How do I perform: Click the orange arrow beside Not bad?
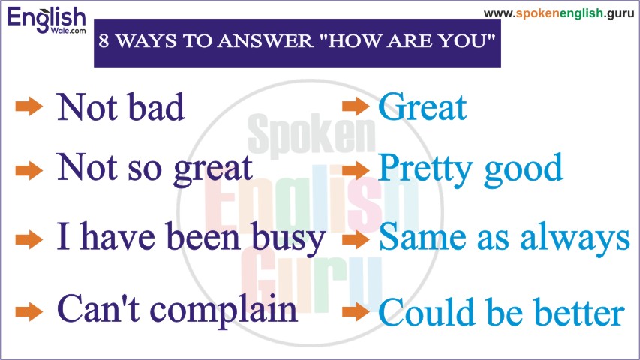pyautogui.click(x=29, y=107)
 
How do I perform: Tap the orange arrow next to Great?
pyautogui.click(x=356, y=106)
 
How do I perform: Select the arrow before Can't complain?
pyautogui.click(x=29, y=312)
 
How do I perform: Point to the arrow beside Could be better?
pyautogui.click(x=356, y=312)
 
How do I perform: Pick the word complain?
pyautogui.click(x=224, y=311)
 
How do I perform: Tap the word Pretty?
pyautogui.click(x=425, y=170)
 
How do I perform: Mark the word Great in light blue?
pyautogui.click(x=422, y=107)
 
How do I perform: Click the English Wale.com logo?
pyautogui.click(x=47, y=20)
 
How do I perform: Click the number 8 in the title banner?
pyautogui.click(x=104, y=40)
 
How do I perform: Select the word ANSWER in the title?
pyautogui.click(x=265, y=40)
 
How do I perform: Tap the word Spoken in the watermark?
pyautogui.click(x=311, y=133)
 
